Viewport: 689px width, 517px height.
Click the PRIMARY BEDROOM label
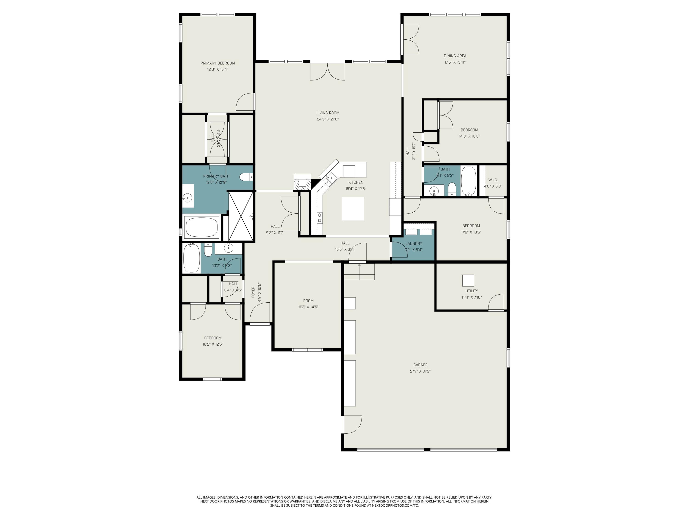217,63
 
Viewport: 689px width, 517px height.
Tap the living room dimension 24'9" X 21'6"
328,119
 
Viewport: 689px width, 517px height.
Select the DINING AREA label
455,56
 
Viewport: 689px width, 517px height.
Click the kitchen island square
353,209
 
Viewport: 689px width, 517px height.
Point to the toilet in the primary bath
246,177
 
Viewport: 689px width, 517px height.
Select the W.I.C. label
493,180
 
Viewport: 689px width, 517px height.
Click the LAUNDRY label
414,243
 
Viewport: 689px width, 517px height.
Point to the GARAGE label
420,365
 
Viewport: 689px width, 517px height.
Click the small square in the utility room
468,281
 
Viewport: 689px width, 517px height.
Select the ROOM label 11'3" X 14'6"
308,301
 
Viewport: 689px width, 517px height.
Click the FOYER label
253,292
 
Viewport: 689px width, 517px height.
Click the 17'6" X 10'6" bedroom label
471,226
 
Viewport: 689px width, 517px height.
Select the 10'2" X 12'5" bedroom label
213,338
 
